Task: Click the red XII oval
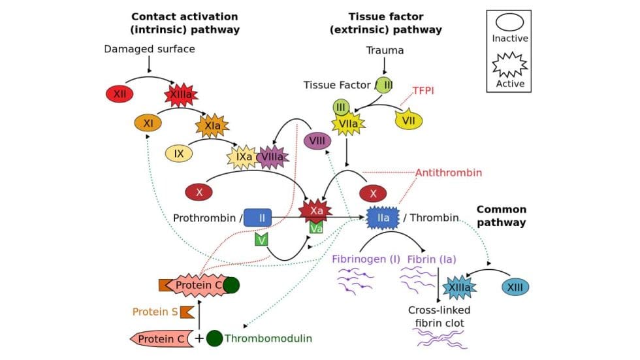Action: (x=120, y=94)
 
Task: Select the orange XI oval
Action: (x=148, y=122)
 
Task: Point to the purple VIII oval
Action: (x=317, y=140)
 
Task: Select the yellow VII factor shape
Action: (x=409, y=120)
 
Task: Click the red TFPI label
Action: (x=428, y=90)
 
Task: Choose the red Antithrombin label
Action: (x=449, y=172)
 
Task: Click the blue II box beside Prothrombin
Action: (x=257, y=218)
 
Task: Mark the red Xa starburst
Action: (x=315, y=210)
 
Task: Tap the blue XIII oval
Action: (x=515, y=287)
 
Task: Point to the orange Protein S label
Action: (x=155, y=312)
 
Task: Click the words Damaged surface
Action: (x=150, y=49)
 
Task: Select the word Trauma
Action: (x=385, y=50)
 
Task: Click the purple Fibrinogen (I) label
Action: (x=366, y=259)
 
